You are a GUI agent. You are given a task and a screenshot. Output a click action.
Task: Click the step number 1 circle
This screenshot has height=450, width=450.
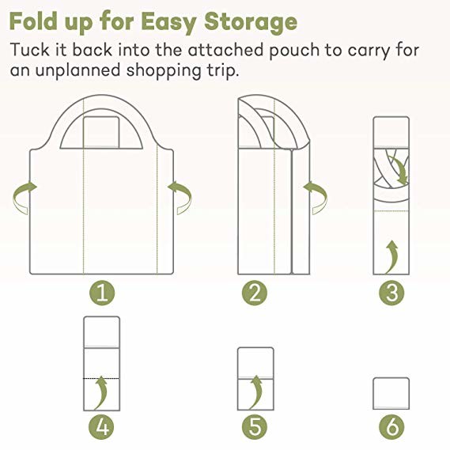pos(101,293)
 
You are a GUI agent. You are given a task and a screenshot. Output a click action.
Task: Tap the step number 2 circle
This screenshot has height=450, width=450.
pos(254,293)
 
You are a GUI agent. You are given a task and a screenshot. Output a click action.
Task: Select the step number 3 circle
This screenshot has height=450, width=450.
pos(391,293)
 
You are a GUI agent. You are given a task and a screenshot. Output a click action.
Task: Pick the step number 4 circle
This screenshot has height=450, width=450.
pos(101,428)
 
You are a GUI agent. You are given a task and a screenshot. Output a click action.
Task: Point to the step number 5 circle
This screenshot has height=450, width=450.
pos(254,428)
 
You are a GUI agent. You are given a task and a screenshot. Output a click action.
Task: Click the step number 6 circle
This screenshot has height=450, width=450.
pos(391,428)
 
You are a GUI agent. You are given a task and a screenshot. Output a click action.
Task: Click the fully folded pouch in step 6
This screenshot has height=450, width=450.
pos(391,393)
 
